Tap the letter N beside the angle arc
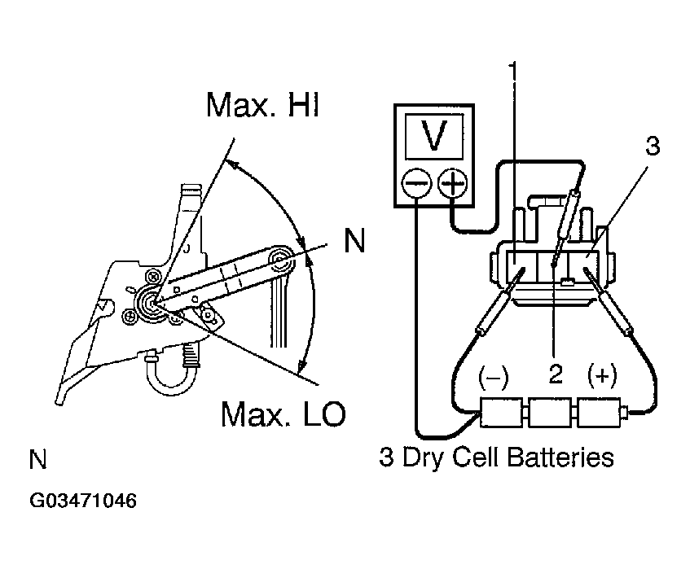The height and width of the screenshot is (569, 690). click(x=354, y=241)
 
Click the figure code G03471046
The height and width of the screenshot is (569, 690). click(x=83, y=500)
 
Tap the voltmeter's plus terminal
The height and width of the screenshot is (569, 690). click(x=452, y=185)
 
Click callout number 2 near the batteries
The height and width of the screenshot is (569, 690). click(x=556, y=374)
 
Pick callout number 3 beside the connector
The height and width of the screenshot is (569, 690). click(x=652, y=147)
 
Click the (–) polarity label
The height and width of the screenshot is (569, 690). click(x=494, y=375)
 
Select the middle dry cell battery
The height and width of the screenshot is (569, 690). click(x=552, y=414)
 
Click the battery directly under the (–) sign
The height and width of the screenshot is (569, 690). click(x=503, y=414)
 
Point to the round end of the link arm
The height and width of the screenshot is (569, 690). click(x=283, y=260)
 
